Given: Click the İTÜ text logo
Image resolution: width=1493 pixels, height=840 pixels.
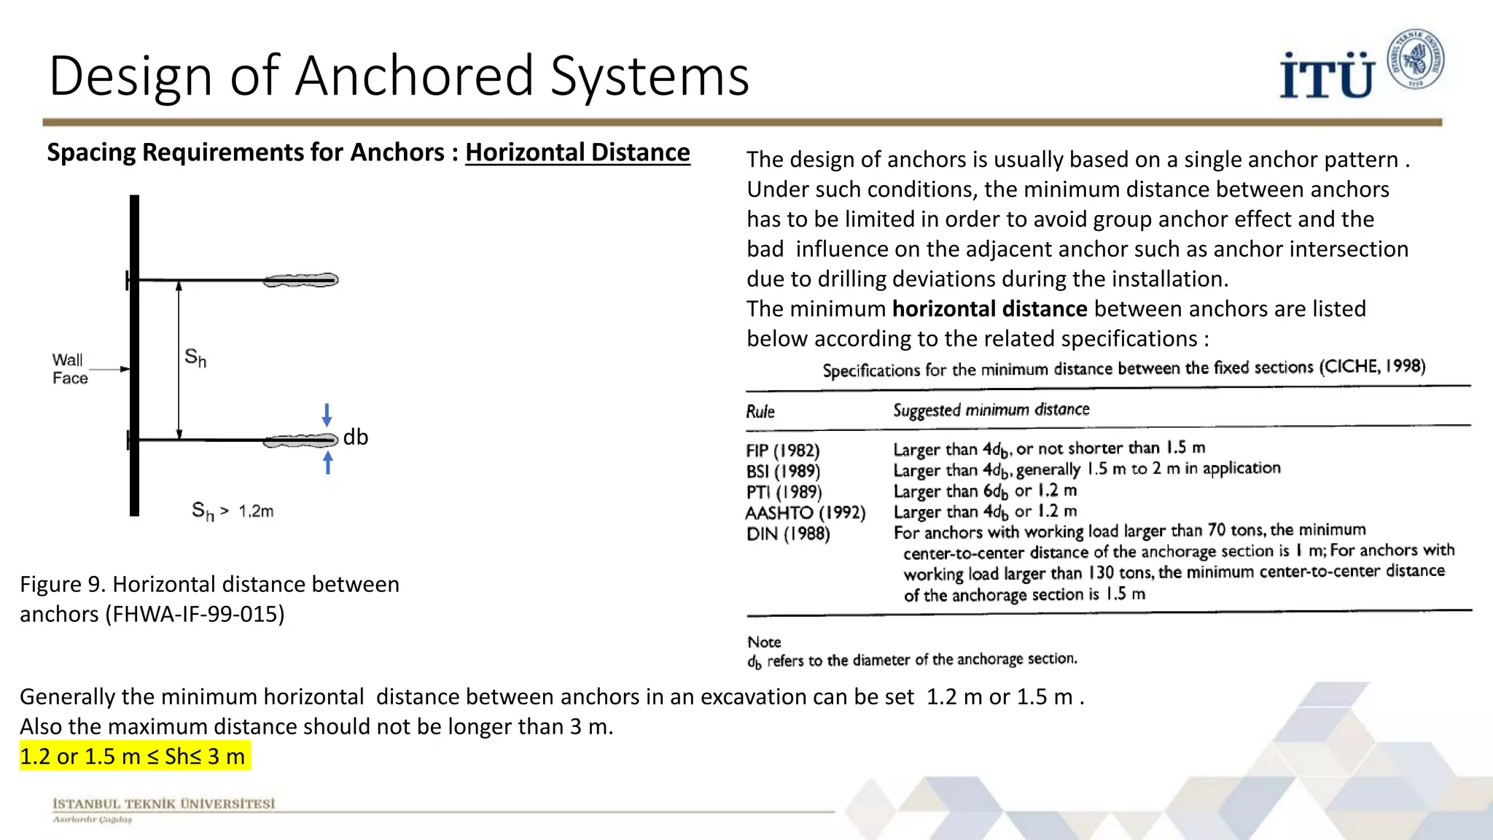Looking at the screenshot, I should [1326, 75].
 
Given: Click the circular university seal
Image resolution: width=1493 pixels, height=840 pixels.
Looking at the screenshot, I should [1415, 60].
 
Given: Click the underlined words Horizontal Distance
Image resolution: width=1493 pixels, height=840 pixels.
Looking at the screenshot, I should [577, 152].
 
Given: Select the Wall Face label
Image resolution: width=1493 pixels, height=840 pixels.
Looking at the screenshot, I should [69, 369].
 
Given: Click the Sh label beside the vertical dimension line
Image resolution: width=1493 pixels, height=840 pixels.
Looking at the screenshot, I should [195, 357].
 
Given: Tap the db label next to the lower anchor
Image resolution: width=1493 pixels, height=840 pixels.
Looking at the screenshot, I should [356, 437].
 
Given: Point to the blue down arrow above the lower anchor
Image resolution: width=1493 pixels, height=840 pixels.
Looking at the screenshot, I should [327, 415].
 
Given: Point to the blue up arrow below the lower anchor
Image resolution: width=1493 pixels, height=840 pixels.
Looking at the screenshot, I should [328, 462].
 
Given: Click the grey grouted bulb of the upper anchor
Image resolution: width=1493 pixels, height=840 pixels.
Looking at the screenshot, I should [301, 280].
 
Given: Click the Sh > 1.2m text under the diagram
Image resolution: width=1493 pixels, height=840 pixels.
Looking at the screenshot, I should [233, 510].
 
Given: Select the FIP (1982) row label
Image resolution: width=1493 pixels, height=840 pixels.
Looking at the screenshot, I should [783, 451].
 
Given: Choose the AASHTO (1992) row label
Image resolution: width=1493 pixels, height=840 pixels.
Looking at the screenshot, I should [805, 513].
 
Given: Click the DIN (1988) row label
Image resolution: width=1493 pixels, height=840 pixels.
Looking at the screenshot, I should [788, 534].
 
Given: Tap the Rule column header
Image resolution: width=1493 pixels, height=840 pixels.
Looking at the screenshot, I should [760, 411].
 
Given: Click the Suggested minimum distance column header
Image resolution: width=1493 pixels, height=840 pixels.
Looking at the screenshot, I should [991, 410].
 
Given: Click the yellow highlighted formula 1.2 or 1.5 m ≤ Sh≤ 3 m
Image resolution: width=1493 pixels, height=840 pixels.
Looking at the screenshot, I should [133, 756].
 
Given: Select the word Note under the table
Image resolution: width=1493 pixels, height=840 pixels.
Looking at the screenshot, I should [764, 642].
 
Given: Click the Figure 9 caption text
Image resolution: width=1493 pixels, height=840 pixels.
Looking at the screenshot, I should [209, 599].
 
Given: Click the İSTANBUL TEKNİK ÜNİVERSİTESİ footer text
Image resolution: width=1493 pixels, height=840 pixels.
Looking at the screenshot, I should [163, 804].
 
